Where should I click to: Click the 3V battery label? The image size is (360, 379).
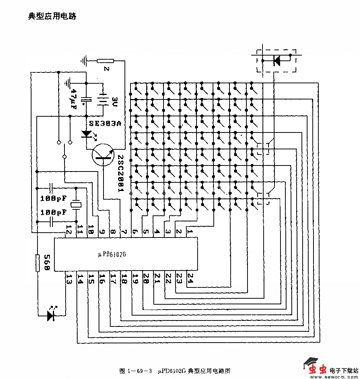(115, 101)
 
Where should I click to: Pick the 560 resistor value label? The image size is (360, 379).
(47, 263)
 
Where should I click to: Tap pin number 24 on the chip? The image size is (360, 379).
(190, 279)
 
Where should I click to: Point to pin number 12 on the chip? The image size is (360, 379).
(69, 230)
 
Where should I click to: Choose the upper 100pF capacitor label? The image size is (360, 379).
(53, 197)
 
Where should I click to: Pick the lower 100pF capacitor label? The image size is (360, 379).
(53, 212)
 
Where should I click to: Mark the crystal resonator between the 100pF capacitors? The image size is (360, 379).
(76, 205)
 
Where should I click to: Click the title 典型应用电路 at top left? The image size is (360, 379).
(52, 16)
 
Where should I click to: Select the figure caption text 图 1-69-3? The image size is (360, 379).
(135, 371)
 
